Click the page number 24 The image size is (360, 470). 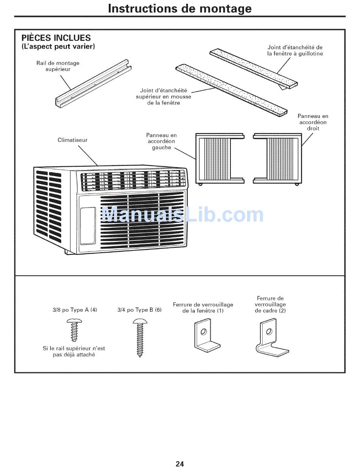point(180,464)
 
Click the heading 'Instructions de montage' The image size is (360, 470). point(180,8)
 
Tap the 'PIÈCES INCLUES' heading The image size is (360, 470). point(56,38)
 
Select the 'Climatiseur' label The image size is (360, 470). point(72,140)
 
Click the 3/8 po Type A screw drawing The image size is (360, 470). point(74,330)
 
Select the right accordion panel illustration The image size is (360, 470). point(278,158)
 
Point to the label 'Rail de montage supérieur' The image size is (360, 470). point(58,66)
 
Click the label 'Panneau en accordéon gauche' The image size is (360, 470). point(161,141)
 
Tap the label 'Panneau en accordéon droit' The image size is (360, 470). point(313,122)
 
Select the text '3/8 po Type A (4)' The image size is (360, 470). point(75,310)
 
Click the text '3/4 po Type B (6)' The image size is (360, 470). point(139,310)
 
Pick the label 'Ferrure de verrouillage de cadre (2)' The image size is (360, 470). point(270,304)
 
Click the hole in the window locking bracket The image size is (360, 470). point(204,332)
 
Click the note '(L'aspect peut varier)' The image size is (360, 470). point(58,47)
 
